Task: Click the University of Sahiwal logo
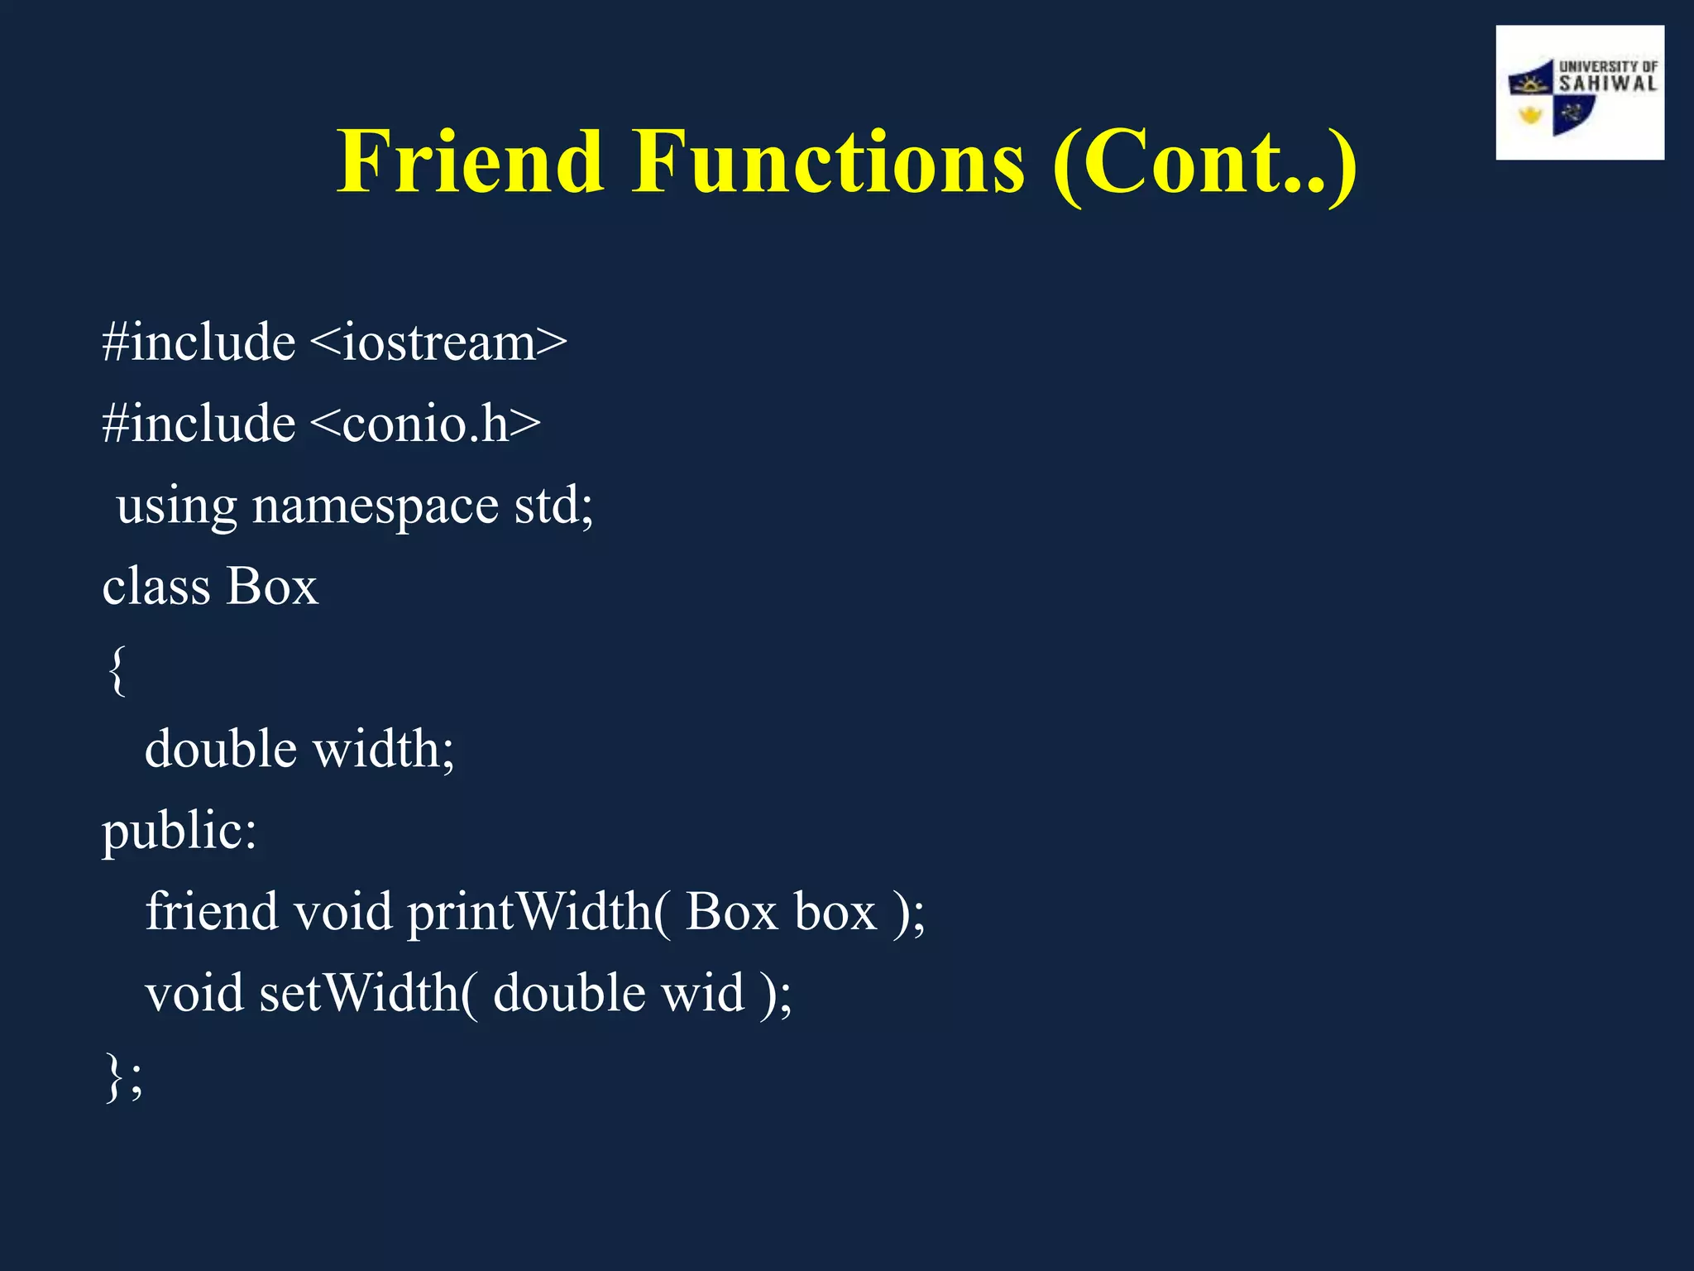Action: pyautogui.click(x=1579, y=93)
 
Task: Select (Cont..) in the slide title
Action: pyautogui.click(x=1204, y=162)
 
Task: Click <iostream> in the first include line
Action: pyautogui.click(x=439, y=343)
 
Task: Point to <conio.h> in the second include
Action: pyautogui.click(x=426, y=424)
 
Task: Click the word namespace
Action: pyautogui.click(x=376, y=506)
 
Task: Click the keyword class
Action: pyautogui.click(x=156, y=587)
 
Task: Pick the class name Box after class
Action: pyautogui.click(x=272, y=587)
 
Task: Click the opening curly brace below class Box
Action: pyautogui.click(x=117, y=670)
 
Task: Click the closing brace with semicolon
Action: pyautogui.click(x=125, y=1077)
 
